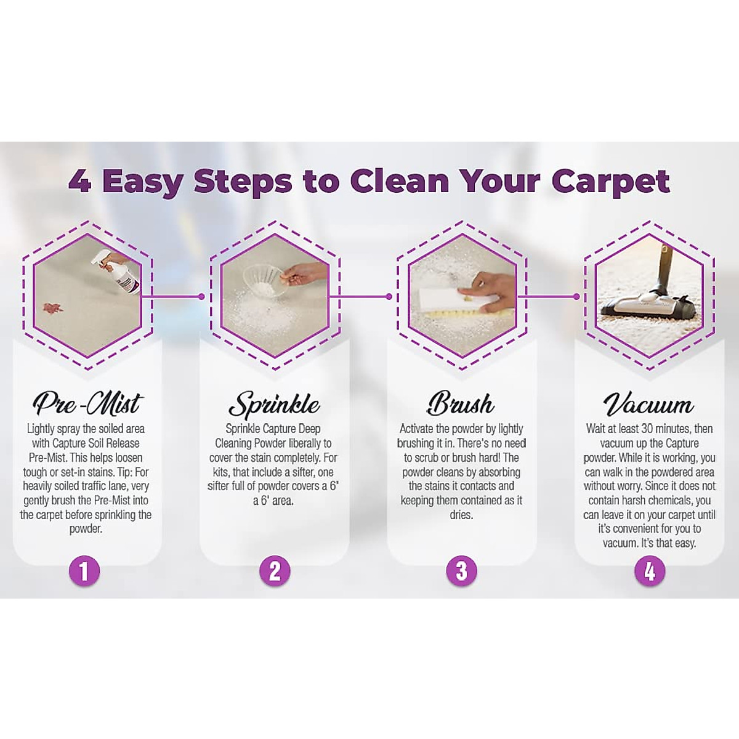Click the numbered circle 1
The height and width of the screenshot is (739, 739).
tap(85, 571)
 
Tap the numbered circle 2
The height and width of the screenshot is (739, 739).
tap(275, 571)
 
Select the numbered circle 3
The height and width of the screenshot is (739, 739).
tap(462, 571)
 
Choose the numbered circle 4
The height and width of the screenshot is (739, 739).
tap(650, 571)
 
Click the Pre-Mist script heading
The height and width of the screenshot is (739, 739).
tap(87, 404)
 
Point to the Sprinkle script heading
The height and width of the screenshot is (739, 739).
tap(274, 405)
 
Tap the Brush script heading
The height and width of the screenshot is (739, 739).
tap(461, 404)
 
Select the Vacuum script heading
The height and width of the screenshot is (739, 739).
tap(648, 405)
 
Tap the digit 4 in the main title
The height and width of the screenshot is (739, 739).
tap(80, 181)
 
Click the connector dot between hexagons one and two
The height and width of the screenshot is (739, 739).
tap(201, 296)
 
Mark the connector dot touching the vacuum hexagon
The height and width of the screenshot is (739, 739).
tap(576, 296)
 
